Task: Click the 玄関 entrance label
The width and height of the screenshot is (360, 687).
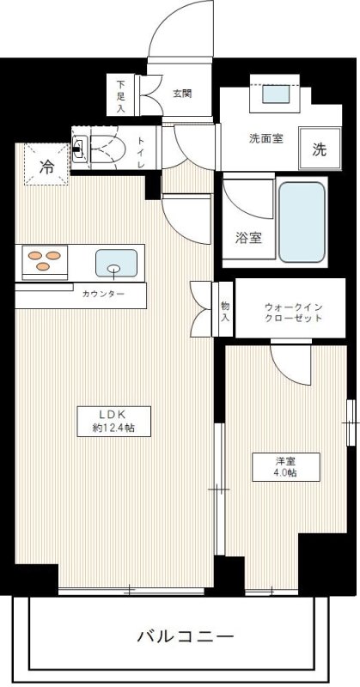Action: (182, 94)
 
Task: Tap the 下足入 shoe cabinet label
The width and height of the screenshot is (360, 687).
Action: (120, 95)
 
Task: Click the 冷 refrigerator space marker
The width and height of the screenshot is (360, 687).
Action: (46, 166)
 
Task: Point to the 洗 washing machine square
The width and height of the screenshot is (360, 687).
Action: (320, 149)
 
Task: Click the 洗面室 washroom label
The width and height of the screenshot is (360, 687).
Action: (266, 138)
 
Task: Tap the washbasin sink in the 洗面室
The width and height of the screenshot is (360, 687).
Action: (276, 94)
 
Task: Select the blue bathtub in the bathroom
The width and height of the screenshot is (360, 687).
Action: (302, 222)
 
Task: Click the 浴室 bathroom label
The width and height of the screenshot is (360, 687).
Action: (249, 239)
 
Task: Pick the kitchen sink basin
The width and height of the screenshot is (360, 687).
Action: (116, 264)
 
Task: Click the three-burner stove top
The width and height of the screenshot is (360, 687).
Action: (45, 260)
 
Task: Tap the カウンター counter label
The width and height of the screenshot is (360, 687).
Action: (103, 294)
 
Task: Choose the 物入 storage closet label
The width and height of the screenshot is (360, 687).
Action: (225, 310)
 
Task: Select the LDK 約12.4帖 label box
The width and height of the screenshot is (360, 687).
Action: (114, 422)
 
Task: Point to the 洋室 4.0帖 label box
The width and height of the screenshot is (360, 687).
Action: (286, 467)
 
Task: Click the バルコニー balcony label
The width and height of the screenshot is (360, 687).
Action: (185, 635)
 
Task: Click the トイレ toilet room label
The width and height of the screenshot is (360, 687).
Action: (141, 152)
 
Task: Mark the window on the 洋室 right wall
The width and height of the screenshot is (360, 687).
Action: (351, 423)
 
